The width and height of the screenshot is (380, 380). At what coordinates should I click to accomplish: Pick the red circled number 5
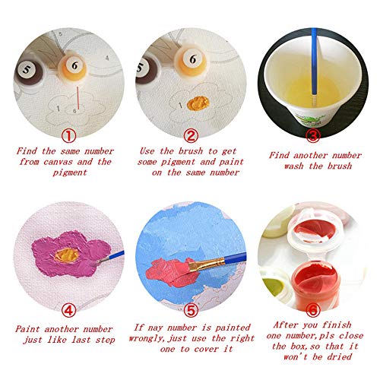[x=191, y=309]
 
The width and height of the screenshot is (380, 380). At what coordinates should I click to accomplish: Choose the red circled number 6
[x=312, y=309]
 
